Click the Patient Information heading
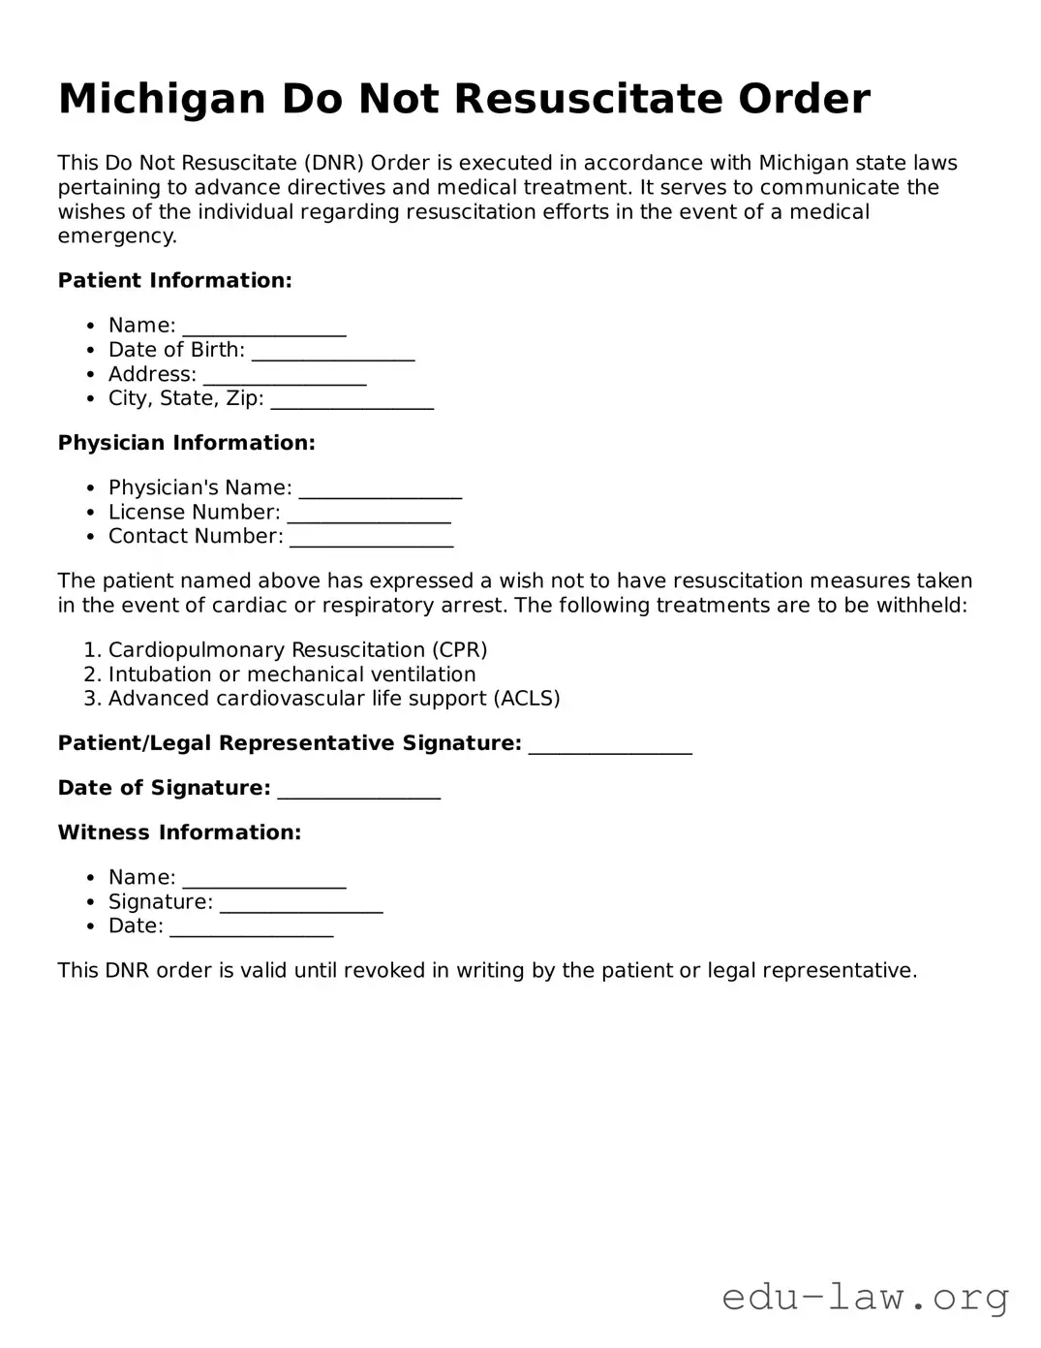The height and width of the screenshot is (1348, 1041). (x=174, y=281)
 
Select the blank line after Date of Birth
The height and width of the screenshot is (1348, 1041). (x=333, y=352)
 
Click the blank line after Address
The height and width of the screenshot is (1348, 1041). (x=285, y=376)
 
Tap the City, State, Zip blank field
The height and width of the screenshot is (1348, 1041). (x=352, y=400)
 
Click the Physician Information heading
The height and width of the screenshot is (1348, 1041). (x=186, y=443)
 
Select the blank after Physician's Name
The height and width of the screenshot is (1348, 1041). (x=381, y=489)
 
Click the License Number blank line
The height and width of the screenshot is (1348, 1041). (x=369, y=514)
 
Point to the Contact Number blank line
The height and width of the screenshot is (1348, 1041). (x=372, y=538)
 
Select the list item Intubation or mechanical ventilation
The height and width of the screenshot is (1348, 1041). (x=291, y=674)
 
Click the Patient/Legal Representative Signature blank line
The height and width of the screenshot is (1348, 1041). (x=610, y=745)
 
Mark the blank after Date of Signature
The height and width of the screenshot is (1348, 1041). (x=359, y=790)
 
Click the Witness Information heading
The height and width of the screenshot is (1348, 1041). (x=179, y=832)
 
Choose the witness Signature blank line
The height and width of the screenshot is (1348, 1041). (x=301, y=903)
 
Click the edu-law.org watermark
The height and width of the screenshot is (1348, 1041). (x=865, y=1297)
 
